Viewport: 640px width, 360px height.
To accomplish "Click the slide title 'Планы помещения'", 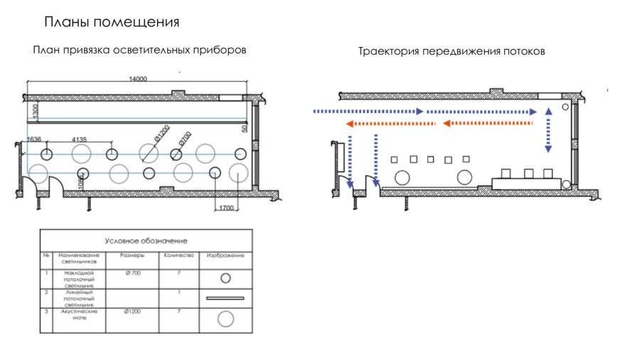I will point(112,22).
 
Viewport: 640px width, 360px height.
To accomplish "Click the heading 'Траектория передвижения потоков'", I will point(452,52).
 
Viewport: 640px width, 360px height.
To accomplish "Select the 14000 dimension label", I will point(137,79).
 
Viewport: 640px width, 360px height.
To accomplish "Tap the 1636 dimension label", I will point(33,139).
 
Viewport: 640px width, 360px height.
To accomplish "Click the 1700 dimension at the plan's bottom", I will point(225,207).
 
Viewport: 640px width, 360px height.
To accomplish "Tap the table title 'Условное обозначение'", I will point(146,241).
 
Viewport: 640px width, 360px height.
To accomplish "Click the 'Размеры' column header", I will point(132,255).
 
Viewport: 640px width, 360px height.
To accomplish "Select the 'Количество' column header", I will point(178,255).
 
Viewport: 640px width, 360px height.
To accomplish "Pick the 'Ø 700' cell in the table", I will point(132,273).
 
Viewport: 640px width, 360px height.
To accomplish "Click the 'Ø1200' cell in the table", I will point(132,312).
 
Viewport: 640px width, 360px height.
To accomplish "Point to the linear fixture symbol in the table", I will point(225,298).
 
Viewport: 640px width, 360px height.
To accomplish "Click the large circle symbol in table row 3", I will point(225,319).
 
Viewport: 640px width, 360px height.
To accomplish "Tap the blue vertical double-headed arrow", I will point(548,130).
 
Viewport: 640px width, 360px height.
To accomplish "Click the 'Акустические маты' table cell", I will point(79,315).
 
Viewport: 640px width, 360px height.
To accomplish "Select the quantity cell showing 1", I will point(178,292).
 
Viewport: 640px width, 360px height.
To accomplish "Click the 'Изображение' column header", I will point(225,255).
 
